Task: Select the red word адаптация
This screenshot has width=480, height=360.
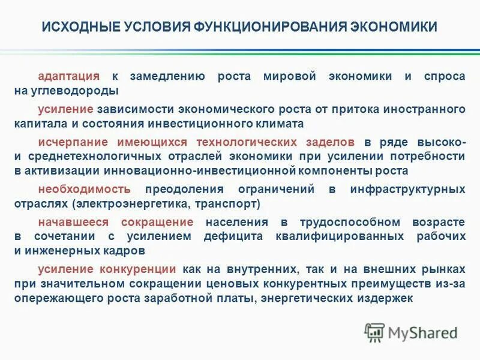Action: [68, 77]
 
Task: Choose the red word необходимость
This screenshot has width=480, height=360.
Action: [84, 189]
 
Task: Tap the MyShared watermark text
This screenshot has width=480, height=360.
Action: [422, 332]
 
